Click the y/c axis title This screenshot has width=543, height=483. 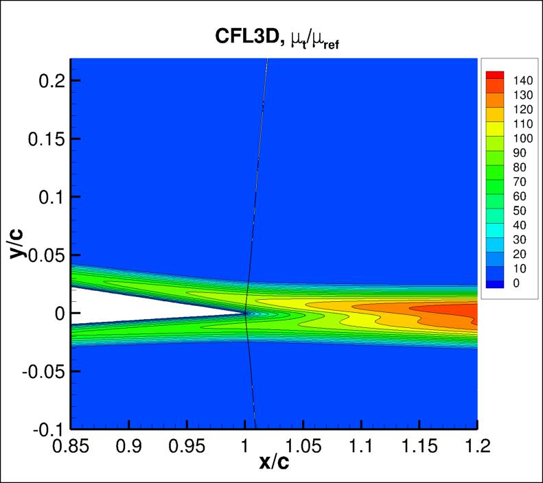tap(19, 243)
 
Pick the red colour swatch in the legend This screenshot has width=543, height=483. tap(495, 73)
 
